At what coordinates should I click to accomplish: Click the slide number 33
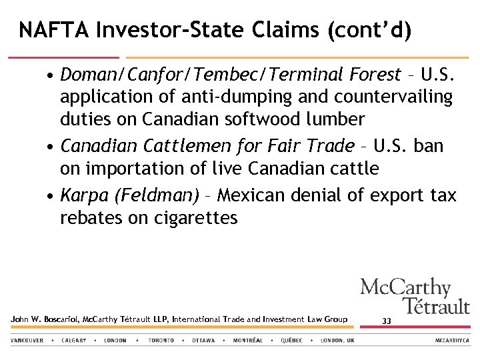point(387,321)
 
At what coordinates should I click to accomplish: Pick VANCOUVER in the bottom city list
point(27,341)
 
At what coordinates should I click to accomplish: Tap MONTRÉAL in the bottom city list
point(247,341)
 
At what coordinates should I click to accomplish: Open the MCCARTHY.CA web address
point(453,341)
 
